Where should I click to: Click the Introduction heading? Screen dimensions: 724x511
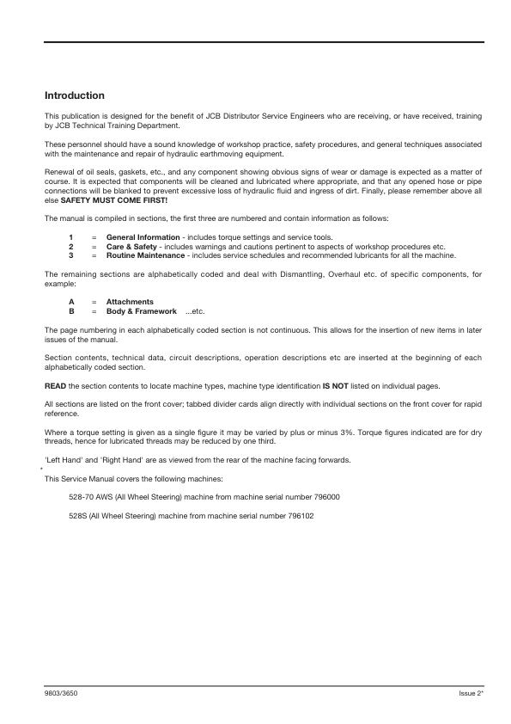tap(75, 95)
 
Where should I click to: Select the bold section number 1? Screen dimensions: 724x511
tap(70, 237)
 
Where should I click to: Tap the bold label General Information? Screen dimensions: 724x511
tap(142, 237)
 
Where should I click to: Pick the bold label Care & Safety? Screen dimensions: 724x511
tap(131, 247)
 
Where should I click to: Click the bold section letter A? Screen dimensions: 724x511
tap(71, 302)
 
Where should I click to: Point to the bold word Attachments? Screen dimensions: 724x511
tap(130, 302)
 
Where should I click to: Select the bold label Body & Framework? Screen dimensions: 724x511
tap(141, 311)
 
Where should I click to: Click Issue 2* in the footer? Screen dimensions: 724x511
tap(471, 692)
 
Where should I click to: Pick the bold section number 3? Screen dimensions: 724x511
tap(70, 256)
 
